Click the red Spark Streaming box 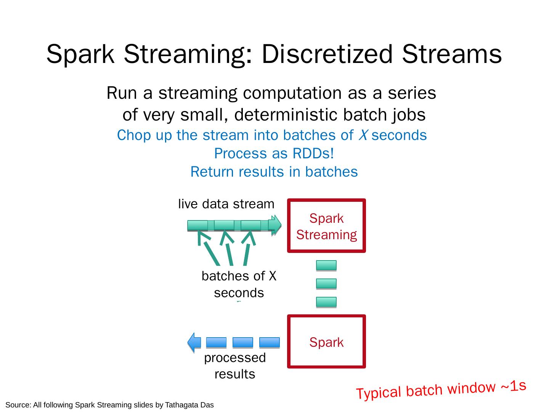(326, 226)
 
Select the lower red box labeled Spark (326, 341)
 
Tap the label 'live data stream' (226, 204)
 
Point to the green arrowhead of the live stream (276, 225)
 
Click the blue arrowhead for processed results (194, 342)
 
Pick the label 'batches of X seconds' (239, 284)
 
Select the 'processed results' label (235, 365)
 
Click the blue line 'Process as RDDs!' (274, 153)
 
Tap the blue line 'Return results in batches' (274, 172)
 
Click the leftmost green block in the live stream (197, 225)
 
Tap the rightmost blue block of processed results (269, 342)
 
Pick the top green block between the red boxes (326, 265)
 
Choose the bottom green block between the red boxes (326, 302)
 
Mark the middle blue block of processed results (242, 342)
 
